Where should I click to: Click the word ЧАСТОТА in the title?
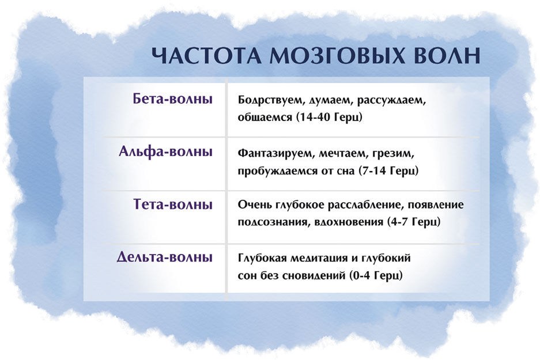coord(207,55)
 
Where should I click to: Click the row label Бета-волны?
coord(172,99)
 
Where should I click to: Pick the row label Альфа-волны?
coord(165,151)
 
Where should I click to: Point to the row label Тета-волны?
coord(173,204)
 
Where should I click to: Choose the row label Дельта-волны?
coord(165,257)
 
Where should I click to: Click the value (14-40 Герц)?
coord(329,118)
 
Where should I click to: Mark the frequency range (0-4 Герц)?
coord(376,276)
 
